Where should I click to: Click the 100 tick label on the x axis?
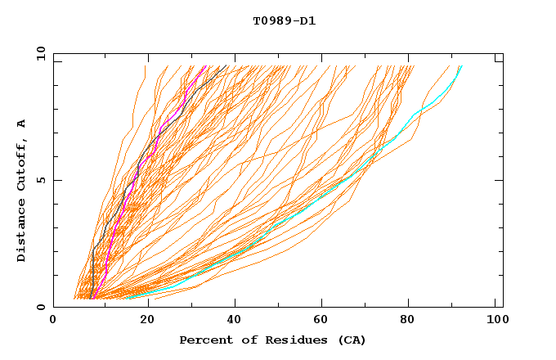[x=496, y=322]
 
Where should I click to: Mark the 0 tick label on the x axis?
[x=53, y=322]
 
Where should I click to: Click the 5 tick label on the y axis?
[x=40, y=180]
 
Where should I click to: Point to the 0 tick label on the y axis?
[x=40, y=307]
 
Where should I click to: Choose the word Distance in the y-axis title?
[x=22, y=231]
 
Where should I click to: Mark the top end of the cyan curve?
[x=462, y=65]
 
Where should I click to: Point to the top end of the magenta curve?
[x=205, y=65]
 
